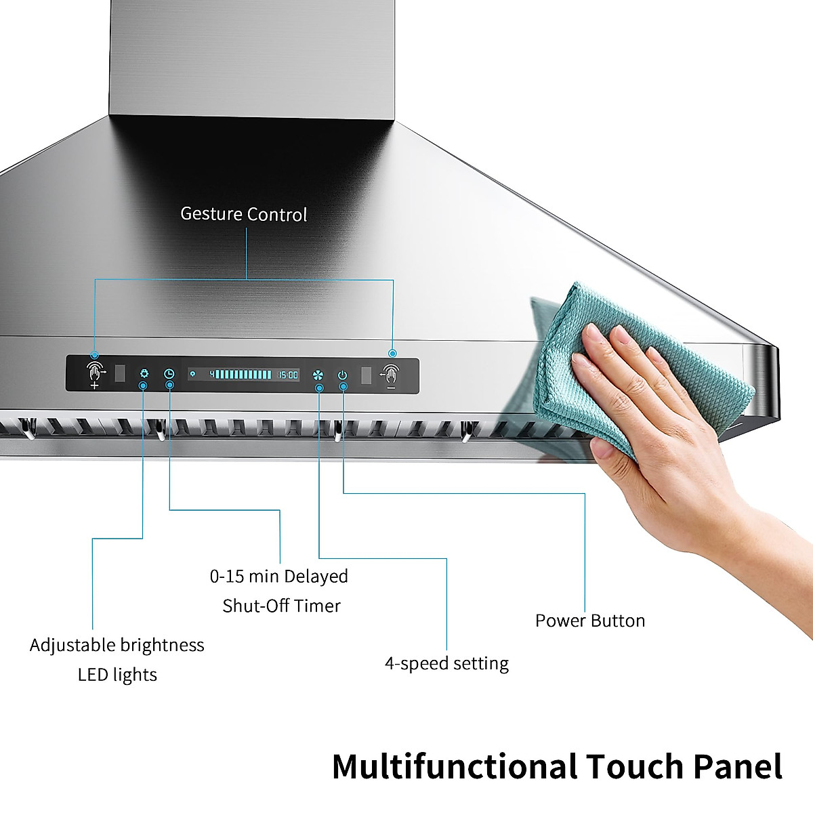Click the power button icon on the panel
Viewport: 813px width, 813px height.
tap(343, 375)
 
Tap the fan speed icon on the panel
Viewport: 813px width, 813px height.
tap(318, 375)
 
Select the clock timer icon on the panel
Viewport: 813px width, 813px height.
tap(169, 374)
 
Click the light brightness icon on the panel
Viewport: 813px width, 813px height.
tap(144, 374)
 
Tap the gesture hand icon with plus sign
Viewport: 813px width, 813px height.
tap(95, 375)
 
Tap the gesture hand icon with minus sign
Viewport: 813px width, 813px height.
tap(390, 375)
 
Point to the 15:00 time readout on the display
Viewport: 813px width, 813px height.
tap(288, 375)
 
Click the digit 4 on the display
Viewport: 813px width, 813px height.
tap(211, 374)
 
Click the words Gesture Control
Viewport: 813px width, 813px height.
tap(243, 215)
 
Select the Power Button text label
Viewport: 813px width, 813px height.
tap(589, 621)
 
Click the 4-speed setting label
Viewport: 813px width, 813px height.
tap(446, 663)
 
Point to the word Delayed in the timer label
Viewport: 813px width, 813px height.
tap(315, 577)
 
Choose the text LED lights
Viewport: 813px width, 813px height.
tap(117, 675)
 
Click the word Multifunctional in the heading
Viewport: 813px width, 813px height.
tap(455, 767)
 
